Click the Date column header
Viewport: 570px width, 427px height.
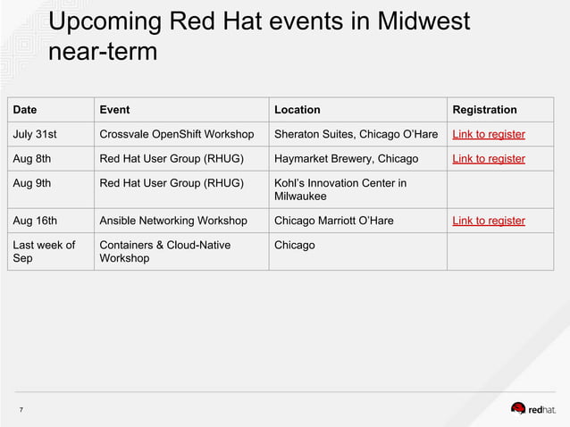tap(25, 110)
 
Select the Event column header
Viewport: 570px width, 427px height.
tap(114, 110)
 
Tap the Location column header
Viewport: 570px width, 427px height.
tap(297, 110)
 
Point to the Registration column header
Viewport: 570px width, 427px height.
tap(484, 110)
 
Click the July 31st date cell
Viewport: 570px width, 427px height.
tap(35, 135)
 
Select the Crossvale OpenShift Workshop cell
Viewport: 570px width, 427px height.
tap(176, 135)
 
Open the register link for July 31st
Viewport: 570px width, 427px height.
tap(489, 135)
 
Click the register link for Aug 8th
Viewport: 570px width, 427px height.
tap(489, 159)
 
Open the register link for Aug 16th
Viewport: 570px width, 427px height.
tap(489, 221)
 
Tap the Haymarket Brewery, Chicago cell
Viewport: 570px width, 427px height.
tap(346, 159)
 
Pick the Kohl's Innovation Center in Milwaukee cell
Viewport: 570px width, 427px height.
tap(339, 189)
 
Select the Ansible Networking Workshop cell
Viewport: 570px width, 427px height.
tap(173, 221)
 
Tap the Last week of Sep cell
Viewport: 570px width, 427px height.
tap(44, 251)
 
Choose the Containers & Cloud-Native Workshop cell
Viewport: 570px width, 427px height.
tap(164, 251)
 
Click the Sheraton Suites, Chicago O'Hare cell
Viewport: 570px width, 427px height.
tap(356, 135)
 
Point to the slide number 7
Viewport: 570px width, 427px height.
tap(21, 410)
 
